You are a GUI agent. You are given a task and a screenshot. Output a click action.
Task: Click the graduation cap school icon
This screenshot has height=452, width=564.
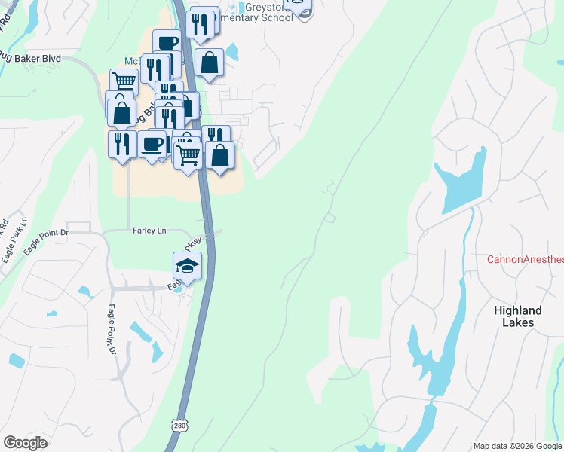pos(188,265)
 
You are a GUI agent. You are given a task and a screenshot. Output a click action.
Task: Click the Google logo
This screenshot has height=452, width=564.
pos(25,443)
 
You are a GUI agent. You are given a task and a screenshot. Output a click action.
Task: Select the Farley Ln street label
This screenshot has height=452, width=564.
pos(149,231)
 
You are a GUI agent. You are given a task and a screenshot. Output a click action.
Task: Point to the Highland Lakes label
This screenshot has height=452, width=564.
pos(518,316)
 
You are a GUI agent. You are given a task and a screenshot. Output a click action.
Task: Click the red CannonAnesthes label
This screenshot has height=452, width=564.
pos(525,259)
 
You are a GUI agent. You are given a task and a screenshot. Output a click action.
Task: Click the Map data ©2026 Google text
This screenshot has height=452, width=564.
pos(517,446)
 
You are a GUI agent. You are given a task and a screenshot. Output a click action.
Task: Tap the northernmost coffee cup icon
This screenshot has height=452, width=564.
pos(167,42)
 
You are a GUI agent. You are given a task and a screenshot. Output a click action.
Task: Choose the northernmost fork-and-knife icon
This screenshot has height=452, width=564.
pos(200,23)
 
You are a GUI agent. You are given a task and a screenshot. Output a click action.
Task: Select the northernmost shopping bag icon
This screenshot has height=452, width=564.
pos(210,63)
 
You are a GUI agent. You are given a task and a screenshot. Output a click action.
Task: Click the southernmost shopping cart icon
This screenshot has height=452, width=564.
pos(188,155)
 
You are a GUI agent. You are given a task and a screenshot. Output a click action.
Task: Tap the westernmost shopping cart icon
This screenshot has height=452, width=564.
pos(124,81)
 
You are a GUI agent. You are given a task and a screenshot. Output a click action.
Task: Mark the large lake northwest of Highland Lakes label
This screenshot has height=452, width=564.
pos(461,183)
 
